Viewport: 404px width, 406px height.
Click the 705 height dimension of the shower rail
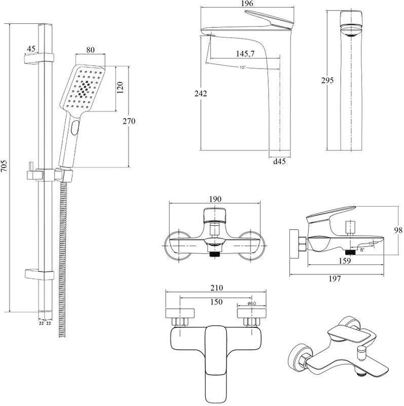click(5, 167)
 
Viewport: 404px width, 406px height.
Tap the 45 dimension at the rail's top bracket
click(30, 49)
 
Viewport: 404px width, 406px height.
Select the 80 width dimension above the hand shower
click(91, 50)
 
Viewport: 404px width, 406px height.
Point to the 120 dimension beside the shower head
click(120, 88)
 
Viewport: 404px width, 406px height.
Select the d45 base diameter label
click(279, 162)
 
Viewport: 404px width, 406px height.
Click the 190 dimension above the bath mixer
click(215, 199)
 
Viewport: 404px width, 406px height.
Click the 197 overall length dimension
click(335, 279)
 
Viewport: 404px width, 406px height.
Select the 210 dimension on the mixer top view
click(217, 287)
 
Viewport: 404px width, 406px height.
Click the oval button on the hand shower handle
click(76, 127)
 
